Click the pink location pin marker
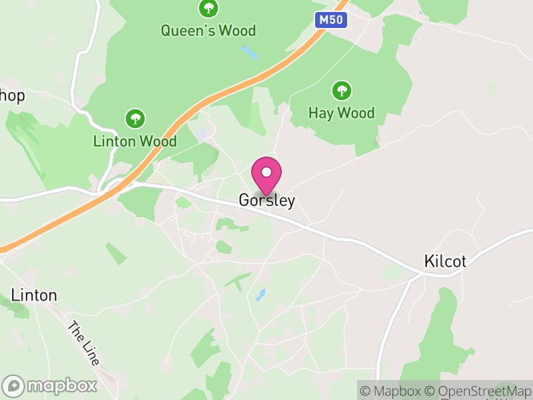tap(266, 177)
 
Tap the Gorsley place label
tap(266, 201)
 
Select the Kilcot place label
tap(445, 261)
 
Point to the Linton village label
tap(34, 295)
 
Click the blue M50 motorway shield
tap(330, 20)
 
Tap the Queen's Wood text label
tap(209, 31)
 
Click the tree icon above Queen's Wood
tap(209, 9)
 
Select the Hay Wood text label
tap(342, 113)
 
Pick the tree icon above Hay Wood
tap(342, 91)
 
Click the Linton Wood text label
tap(135, 141)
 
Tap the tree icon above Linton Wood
tap(135, 119)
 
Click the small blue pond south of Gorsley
tap(261, 295)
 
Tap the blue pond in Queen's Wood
tap(249, 52)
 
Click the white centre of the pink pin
tap(266, 172)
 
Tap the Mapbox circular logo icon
tap(13, 385)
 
